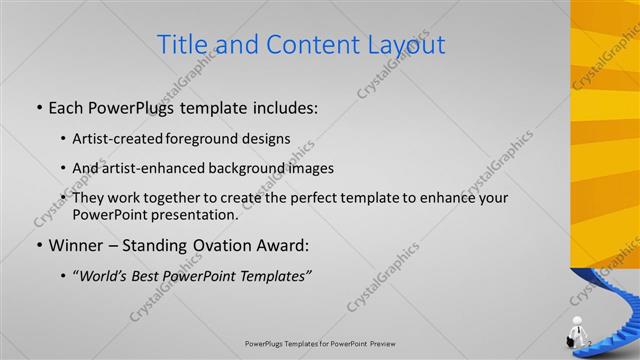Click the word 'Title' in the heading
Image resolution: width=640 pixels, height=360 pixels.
[185, 45]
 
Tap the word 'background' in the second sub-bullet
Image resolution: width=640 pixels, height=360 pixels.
[259, 168]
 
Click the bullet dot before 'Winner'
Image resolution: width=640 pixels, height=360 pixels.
[38, 245]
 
